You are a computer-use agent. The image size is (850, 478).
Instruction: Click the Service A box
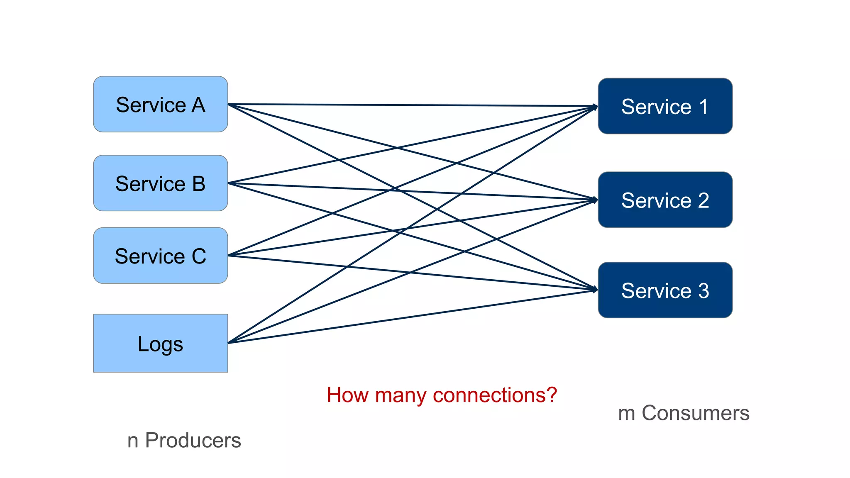coord(160,104)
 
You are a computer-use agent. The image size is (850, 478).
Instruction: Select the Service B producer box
coord(160,183)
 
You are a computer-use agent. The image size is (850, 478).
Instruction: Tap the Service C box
coord(160,255)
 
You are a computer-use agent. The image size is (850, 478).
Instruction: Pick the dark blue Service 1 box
coord(665,106)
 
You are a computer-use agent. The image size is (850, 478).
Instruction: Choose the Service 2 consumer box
coord(665,200)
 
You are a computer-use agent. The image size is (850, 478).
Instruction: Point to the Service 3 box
coord(665,290)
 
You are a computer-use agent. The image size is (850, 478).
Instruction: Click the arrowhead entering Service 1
coord(595,107)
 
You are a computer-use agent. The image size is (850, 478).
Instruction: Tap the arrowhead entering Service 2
coord(595,200)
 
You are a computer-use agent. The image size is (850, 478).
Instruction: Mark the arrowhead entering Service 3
coord(595,289)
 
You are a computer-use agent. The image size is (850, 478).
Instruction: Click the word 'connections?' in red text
coord(495,395)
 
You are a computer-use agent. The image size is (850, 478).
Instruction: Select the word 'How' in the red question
coord(347,395)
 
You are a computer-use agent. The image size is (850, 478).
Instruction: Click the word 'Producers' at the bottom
coord(193,440)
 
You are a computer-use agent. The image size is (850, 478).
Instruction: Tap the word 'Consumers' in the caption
coord(695,413)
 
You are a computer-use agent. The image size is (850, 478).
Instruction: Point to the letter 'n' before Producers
coord(133,441)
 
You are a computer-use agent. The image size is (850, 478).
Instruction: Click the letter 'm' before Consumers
coord(627,414)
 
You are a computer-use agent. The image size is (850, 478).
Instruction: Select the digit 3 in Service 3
coord(703,290)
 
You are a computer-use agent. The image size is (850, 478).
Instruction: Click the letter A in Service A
coord(198,105)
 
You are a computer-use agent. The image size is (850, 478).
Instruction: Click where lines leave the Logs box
coord(230,342)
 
